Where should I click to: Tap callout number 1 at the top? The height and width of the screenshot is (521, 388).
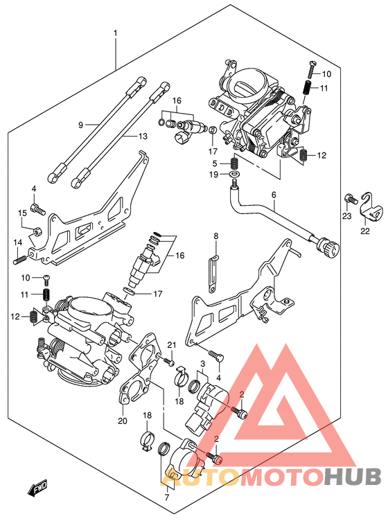tap(115, 33)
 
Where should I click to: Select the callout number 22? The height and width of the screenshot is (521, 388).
tap(365, 231)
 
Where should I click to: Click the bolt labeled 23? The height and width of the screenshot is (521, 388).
tap(351, 199)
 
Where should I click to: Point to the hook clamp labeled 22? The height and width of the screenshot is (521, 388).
tap(371, 206)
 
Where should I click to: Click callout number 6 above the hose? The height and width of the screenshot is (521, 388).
tap(274, 195)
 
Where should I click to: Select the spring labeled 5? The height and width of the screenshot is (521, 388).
tap(235, 163)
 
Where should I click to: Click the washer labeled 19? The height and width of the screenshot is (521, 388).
tap(234, 175)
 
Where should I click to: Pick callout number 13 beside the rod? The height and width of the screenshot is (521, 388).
tap(143, 136)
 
